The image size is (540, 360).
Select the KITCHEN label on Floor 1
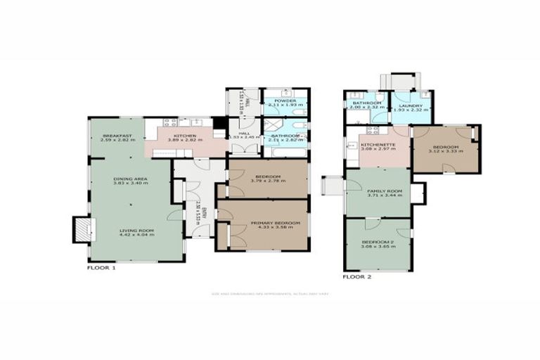[x=185, y=136]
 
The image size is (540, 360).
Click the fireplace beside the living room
[x=82, y=229]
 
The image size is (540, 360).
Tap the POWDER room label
[x=285, y=101]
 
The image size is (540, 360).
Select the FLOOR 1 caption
[x=101, y=268]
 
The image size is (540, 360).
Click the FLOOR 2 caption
[x=357, y=276]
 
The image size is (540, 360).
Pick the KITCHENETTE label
[x=377, y=145]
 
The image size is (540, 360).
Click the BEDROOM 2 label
[x=377, y=241]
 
